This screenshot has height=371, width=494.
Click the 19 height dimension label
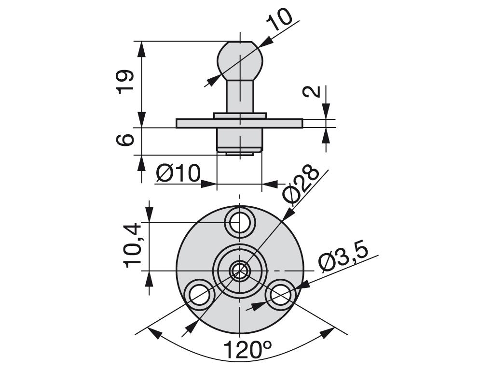(x=125, y=81)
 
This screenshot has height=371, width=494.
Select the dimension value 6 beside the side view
(x=125, y=140)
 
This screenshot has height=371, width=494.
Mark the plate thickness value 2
(x=311, y=91)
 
